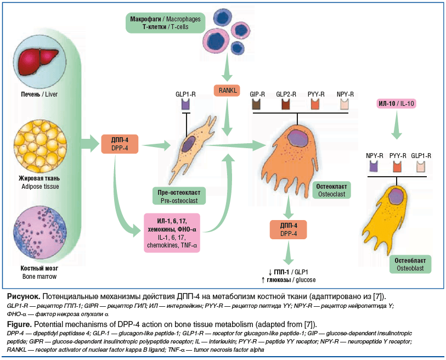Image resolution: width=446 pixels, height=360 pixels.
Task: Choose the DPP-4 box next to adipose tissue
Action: point(120,143)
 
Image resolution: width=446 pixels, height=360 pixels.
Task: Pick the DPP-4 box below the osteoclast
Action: point(288,229)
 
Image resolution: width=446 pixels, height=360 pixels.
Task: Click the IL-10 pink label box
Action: point(396,103)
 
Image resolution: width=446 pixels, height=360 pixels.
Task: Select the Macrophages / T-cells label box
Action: point(165,22)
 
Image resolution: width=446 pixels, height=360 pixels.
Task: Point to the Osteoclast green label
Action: point(332,190)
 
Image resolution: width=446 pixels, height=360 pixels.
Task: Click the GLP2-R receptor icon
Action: point(286,103)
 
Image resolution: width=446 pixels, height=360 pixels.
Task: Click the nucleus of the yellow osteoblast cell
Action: point(397,196)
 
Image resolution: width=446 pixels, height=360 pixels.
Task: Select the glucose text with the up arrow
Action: point(288,280)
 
